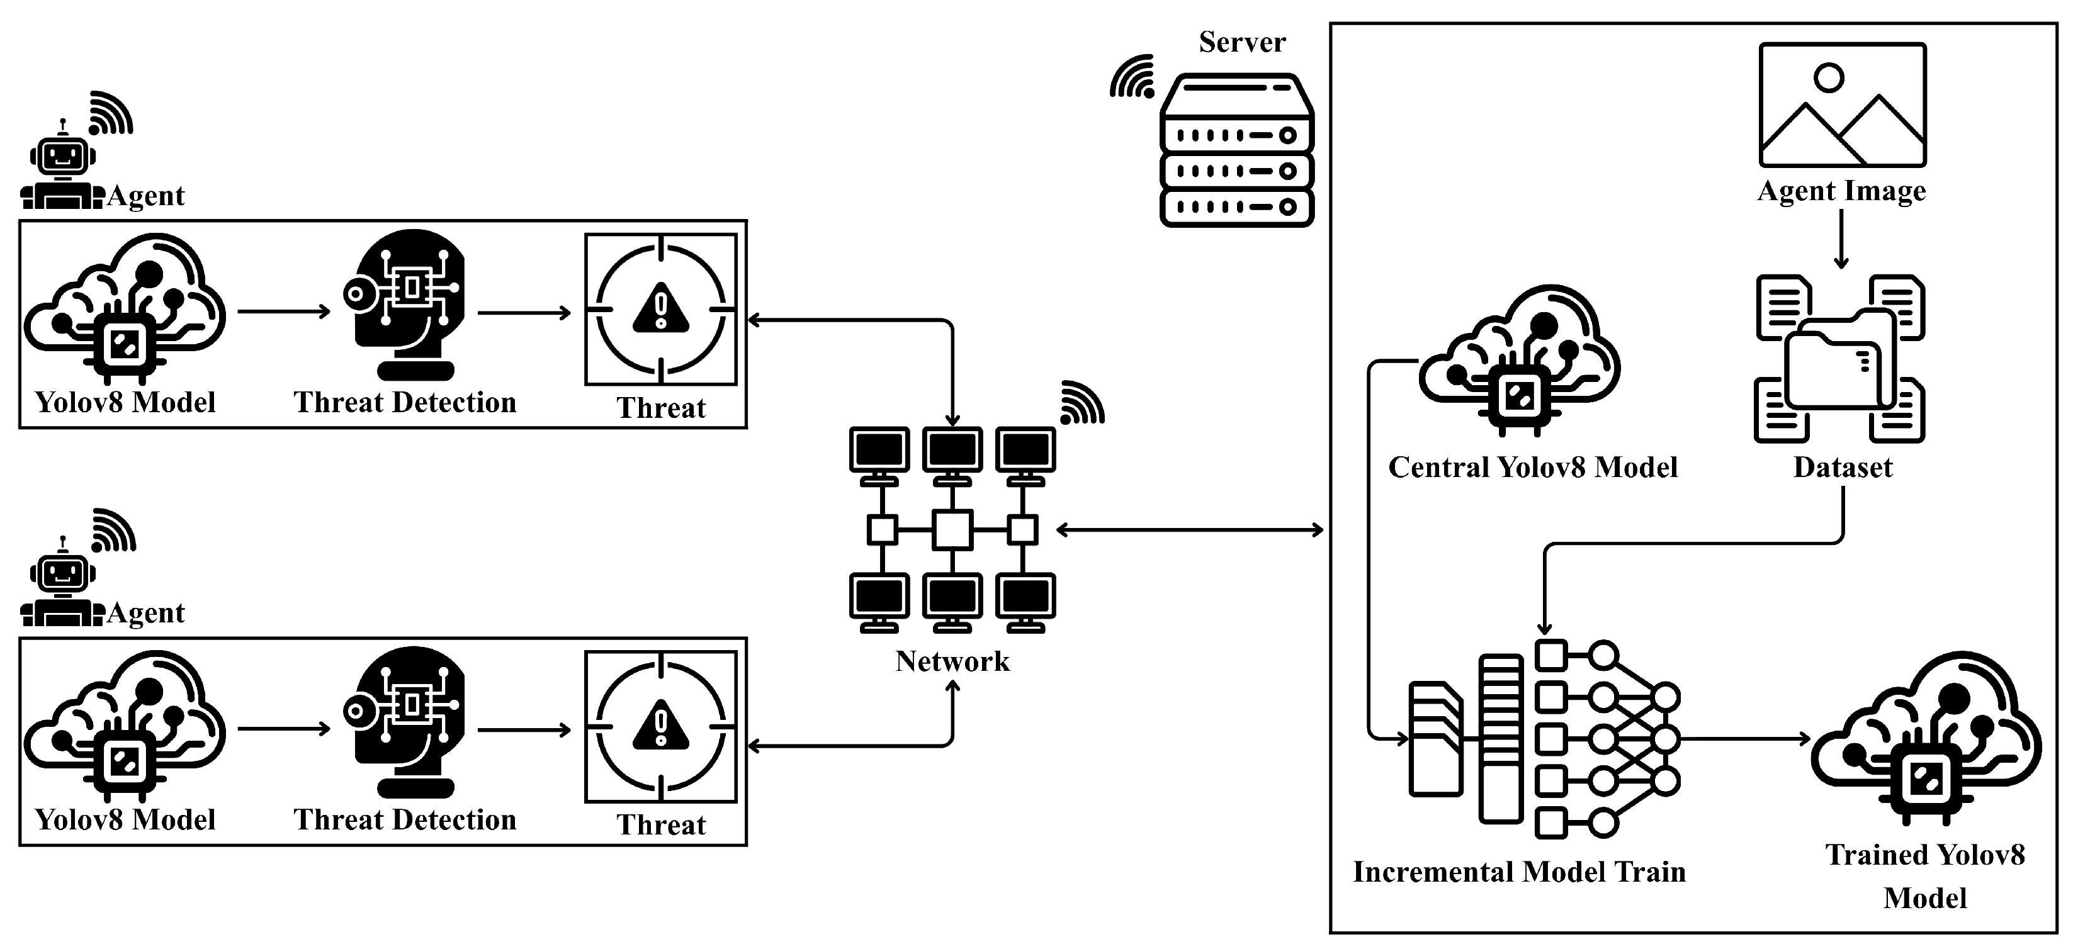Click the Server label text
(x=1241, y=42)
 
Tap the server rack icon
(x=1237, y=150)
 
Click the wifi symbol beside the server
(x=1133, y=77)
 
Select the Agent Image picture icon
(x=1842, y=105)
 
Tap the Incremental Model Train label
(x=1518, y=872)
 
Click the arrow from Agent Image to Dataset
(x=1841, y=239)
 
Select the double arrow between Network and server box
(x=1189, y=530)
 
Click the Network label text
(x=952, y=661)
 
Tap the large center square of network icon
(x=952, y=530)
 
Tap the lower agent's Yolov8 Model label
(x=125, y=819)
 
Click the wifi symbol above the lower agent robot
(x=113, y=531)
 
